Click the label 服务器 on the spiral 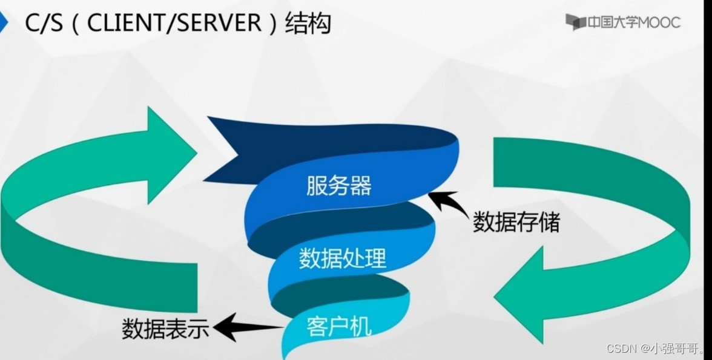pyautogui.click(x=338, y=186)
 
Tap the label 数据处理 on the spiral pyautogui.click(x=342, y=258)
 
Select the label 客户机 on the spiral pyautogui.click(x=338, y=327)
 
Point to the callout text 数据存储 pyautogui.click(x=516, y=222)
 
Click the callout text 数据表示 pyautogui.click(x=165, y=329)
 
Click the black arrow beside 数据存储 pyautogui.click(x=447, y=206)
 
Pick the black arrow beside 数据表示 pyautogui.click(x=245, y=327)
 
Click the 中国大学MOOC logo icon pyautogui.click(x=575, y=22)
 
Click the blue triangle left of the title pyautogui.click(x=4, y=23)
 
